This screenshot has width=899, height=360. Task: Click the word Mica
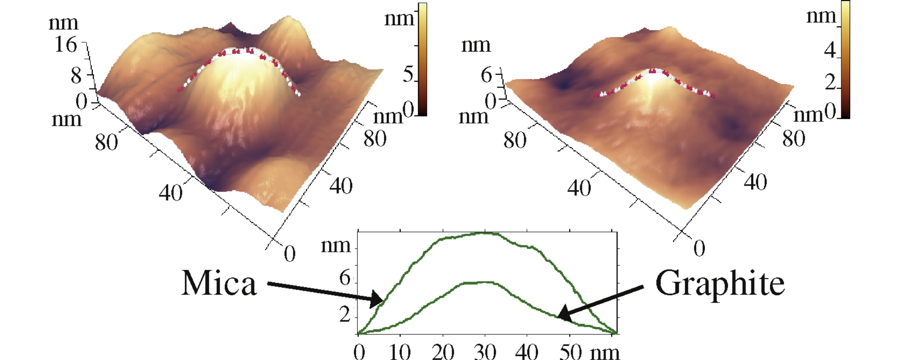(219, 283)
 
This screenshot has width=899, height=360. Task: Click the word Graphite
(720, 284)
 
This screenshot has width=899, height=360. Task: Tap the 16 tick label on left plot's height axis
(65, 44)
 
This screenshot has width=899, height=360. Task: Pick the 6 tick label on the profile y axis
(344, 278)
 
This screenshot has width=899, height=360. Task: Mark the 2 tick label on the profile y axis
(344, 314)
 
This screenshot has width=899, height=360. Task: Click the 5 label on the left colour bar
(408, 75)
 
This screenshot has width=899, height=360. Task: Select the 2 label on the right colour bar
(830, 82)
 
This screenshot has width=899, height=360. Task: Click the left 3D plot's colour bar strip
(422, 59)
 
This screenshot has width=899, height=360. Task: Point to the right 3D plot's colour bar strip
(845, 59)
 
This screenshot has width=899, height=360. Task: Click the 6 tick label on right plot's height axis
(486, 75)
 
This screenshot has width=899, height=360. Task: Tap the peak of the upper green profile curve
(485, 233)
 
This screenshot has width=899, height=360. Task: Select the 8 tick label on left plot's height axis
(76, 76)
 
